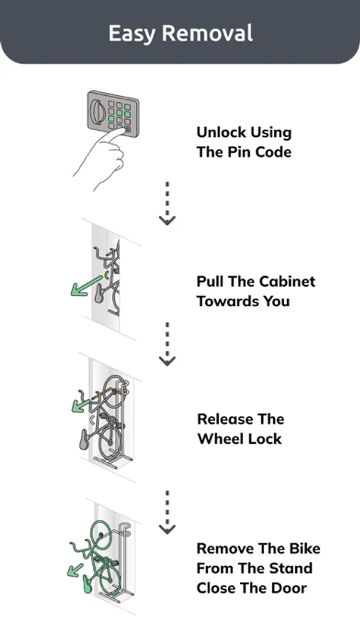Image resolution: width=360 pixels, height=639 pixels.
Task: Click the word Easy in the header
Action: (x=131, y=34)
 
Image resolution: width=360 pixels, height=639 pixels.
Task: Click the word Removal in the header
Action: (x=207, y=33)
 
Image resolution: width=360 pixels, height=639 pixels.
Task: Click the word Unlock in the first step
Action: (x=221, y=133)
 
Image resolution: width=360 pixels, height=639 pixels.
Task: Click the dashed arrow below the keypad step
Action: (x=167, y=203)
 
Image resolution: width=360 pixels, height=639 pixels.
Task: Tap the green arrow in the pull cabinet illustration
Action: (x=86, y=286)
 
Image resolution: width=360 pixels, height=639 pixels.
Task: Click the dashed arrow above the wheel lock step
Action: (x=167, y=344)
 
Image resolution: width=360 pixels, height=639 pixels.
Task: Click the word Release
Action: (x=223, y=419)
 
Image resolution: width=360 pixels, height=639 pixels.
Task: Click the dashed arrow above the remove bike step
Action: (x=167, y=512)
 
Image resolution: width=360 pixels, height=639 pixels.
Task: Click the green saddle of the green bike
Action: (x=87, y=583)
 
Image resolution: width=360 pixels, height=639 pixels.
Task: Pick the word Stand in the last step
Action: (x=293, y=568)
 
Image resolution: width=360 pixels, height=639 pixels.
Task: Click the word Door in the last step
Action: (x=290, y=588)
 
